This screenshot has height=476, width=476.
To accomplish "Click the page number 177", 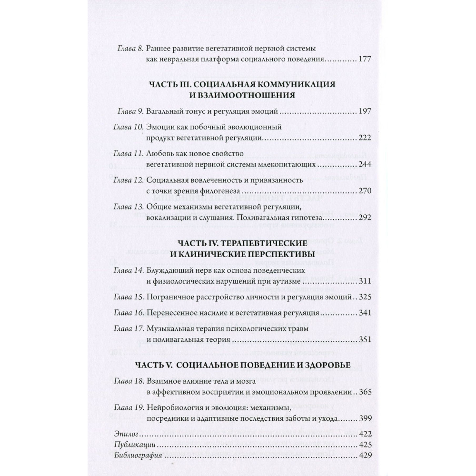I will click(364, 60).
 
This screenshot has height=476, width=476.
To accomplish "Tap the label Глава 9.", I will click(130, 111).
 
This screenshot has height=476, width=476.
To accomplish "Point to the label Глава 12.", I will click(129, 180).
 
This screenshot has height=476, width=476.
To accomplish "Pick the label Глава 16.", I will click(129, 314).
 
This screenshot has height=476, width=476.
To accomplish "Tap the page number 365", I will click(364, 393).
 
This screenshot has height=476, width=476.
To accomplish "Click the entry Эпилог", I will click(125, 434).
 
